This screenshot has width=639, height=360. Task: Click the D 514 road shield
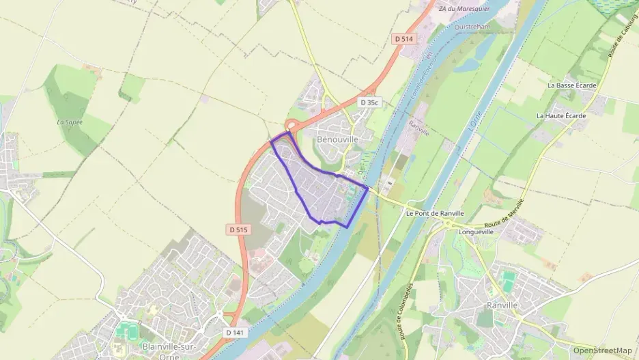[x=404, y=39]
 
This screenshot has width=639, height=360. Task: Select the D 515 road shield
[x=238, y=230]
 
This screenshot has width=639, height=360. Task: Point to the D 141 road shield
[x=233, y=332]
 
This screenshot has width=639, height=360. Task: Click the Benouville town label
[x=337, y=139]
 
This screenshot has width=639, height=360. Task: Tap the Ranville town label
[x=503, y=305]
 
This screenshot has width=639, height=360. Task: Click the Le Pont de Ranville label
[x=434, y=212]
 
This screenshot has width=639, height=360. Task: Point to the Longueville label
[x=477, y=232]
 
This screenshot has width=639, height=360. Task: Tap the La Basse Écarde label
[x=571, y=85]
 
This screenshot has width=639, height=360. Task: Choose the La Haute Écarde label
[x=561, y=115]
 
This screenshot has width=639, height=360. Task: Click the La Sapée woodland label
[x=70, y=122]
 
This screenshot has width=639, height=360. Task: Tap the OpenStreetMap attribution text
[x=602, y=350]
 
